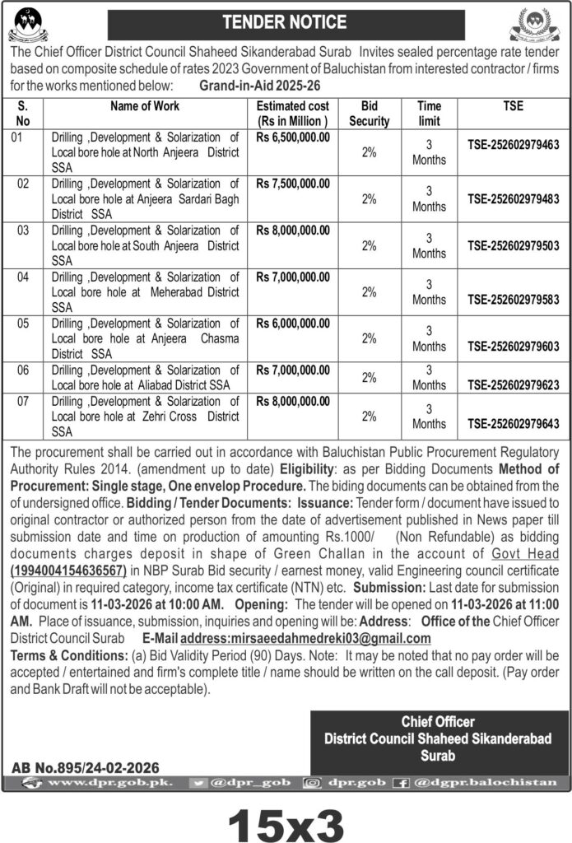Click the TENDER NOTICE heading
click(x=286, y=22)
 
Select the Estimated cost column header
click(x=293, y=113)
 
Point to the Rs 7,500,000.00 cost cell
click(x=293, y=182)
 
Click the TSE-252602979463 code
click(x=513, y=146)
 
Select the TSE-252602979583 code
click(x=513, y=300)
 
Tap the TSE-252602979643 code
click(x=513, y=423)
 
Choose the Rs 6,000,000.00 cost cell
click(x=293, y=323)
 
